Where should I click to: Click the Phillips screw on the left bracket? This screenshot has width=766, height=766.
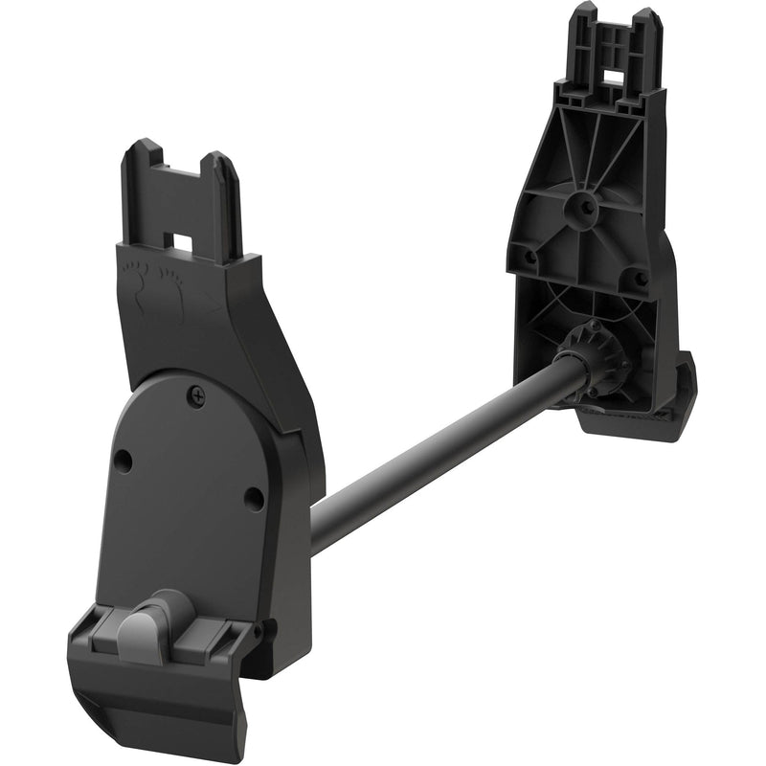198,392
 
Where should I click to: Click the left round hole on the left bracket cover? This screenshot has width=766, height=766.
122,461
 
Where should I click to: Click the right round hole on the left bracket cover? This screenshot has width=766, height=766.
253,498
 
